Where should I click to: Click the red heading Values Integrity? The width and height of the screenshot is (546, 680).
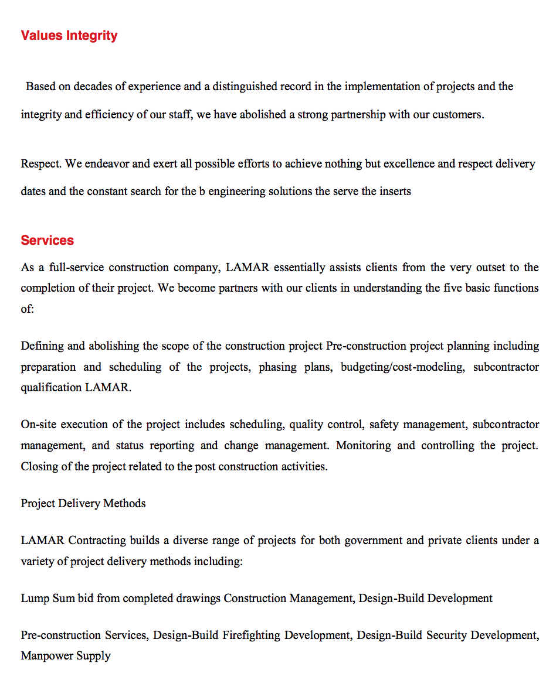coord(69,36)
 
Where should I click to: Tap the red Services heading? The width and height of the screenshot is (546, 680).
coord(48,240)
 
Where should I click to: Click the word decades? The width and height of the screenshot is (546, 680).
coord(93,87)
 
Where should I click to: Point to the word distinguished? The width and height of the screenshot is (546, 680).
coord(245,87)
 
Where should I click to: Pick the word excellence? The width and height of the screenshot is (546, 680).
coord(408,164)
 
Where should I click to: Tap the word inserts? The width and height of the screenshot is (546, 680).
coord(395,192)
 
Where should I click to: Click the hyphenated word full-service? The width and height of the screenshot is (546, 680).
coord(76,268)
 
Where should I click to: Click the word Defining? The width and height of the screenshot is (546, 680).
coord(42,346)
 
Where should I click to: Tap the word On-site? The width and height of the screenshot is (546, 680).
coord(38,425)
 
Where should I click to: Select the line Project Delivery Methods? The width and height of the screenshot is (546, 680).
coord(83,504)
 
